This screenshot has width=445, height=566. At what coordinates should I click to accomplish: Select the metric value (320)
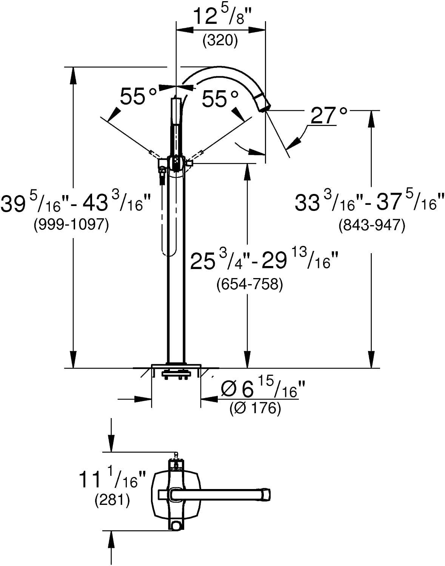click(220, 40)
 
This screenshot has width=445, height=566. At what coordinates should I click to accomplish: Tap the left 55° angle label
click(138, 97)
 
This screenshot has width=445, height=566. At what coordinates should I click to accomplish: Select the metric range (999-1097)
click(71, 225)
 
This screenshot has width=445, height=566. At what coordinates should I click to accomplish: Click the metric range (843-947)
click(371, 225)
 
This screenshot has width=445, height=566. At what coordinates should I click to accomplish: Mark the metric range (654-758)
click(249, 284)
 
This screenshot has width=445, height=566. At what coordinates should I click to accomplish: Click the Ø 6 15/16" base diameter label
click(263, 389)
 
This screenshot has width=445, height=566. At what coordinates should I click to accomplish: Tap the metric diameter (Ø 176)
click(255, 408)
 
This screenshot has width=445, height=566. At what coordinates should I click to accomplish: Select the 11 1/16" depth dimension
click(112, 480)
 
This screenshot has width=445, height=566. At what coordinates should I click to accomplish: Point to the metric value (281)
click(112, 500)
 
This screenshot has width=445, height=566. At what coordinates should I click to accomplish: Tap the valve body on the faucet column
click(176, 163)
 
